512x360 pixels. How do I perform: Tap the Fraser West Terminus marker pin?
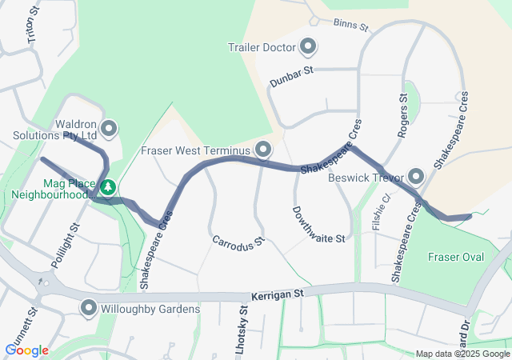click(x=263, y=150)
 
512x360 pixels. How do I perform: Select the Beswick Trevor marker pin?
click(x=416, y=176)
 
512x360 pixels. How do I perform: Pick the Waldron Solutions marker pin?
click(x=109, y=128)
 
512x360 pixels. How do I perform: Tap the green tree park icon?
click(x=107, y=188)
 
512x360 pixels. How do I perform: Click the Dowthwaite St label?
click(x=318, y=226)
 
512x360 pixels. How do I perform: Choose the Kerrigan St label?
click(x=278, y=295)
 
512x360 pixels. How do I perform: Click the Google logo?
click(x=26, y=350)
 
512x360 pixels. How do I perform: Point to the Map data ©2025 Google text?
click(x=462, y=354)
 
